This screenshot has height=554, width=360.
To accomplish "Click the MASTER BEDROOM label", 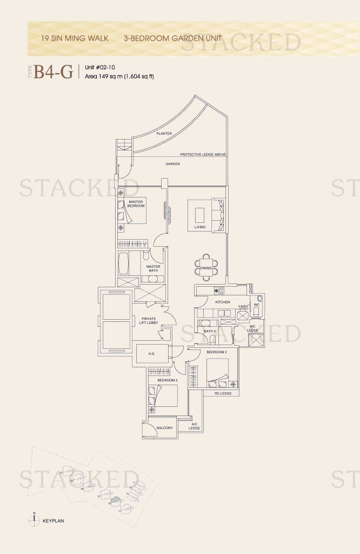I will [136, 204].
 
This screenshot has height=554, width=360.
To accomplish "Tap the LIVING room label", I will [200, 227].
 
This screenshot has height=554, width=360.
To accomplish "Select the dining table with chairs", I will [206, 268].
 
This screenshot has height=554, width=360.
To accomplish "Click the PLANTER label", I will [164, 133].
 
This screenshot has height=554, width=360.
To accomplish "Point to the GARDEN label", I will [173, 163].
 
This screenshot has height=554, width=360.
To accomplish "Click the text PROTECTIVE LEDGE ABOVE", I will [203, 155].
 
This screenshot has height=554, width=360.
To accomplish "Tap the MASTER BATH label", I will [153, 268].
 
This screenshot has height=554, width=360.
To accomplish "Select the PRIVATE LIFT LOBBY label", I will [149, 321].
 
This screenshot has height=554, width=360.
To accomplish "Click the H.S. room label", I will [152, 354].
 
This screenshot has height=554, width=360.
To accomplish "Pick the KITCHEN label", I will [223, 302].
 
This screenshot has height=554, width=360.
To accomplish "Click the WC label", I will [258, 305].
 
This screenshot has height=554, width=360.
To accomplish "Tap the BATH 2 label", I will [210, 331].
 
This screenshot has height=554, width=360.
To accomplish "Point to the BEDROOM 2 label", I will [216, 352].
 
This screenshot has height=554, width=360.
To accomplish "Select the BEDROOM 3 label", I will [167, 380].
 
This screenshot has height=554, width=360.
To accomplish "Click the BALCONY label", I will [164, 428].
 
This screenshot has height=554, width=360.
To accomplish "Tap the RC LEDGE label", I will [223, 393].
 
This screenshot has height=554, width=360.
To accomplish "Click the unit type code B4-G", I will [54, 71].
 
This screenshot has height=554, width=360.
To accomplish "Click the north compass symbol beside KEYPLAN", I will [34, 519].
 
